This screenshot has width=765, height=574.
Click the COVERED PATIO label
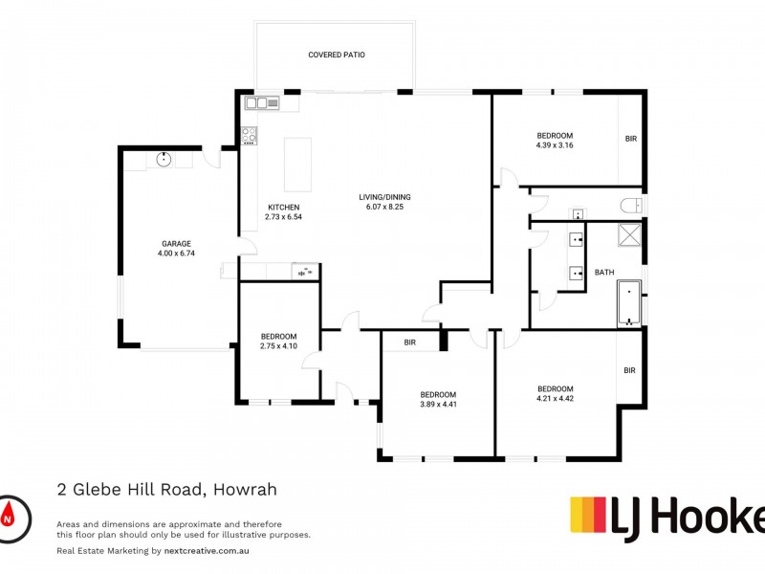click(x=336, y=55)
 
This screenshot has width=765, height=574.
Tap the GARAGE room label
click(x=176, y=244)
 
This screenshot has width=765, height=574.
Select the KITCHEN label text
click(x=284, y=208)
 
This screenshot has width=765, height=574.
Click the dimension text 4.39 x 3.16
click(x=555, y=145)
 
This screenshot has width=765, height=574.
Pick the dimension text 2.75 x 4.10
click(x=278, y=346)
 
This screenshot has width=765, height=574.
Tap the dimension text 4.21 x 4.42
click(x=555, y=397)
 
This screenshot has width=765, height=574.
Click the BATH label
click(x=604, y=273)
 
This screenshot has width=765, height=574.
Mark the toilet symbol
click(x=630, y=204)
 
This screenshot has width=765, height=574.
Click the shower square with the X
click(x=629, y=234)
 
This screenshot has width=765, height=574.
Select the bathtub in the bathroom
click(x=629, y=304)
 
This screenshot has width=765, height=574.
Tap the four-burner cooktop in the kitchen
click(x=250, y=135)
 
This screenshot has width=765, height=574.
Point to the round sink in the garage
click(x=164, y=160)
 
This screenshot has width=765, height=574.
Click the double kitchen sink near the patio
click(x=259, y=101)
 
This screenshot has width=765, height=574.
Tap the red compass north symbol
click(x=10, y=515)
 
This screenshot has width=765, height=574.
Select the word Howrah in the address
click(x=245, y=490)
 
